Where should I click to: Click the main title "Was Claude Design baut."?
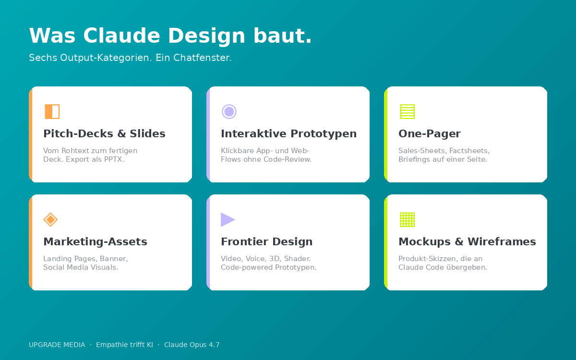170,36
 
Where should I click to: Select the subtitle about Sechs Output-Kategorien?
130,58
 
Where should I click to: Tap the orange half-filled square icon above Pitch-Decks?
52,111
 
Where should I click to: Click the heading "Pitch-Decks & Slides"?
104,133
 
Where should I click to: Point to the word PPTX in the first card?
114,159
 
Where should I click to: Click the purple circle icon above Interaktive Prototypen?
229,111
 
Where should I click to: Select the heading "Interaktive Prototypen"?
288,133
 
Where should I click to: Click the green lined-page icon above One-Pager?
407,111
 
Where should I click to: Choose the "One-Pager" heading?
429,133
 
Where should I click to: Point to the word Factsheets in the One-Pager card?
469,151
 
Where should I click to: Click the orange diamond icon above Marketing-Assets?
50,219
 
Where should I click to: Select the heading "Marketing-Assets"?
95,241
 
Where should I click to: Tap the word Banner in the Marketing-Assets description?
113,259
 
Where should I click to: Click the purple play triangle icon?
228,219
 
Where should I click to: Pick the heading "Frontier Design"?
266,241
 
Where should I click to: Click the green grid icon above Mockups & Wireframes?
407,219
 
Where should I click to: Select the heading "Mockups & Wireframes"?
467,241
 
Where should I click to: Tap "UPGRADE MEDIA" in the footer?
57,345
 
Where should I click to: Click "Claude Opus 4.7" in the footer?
192,345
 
